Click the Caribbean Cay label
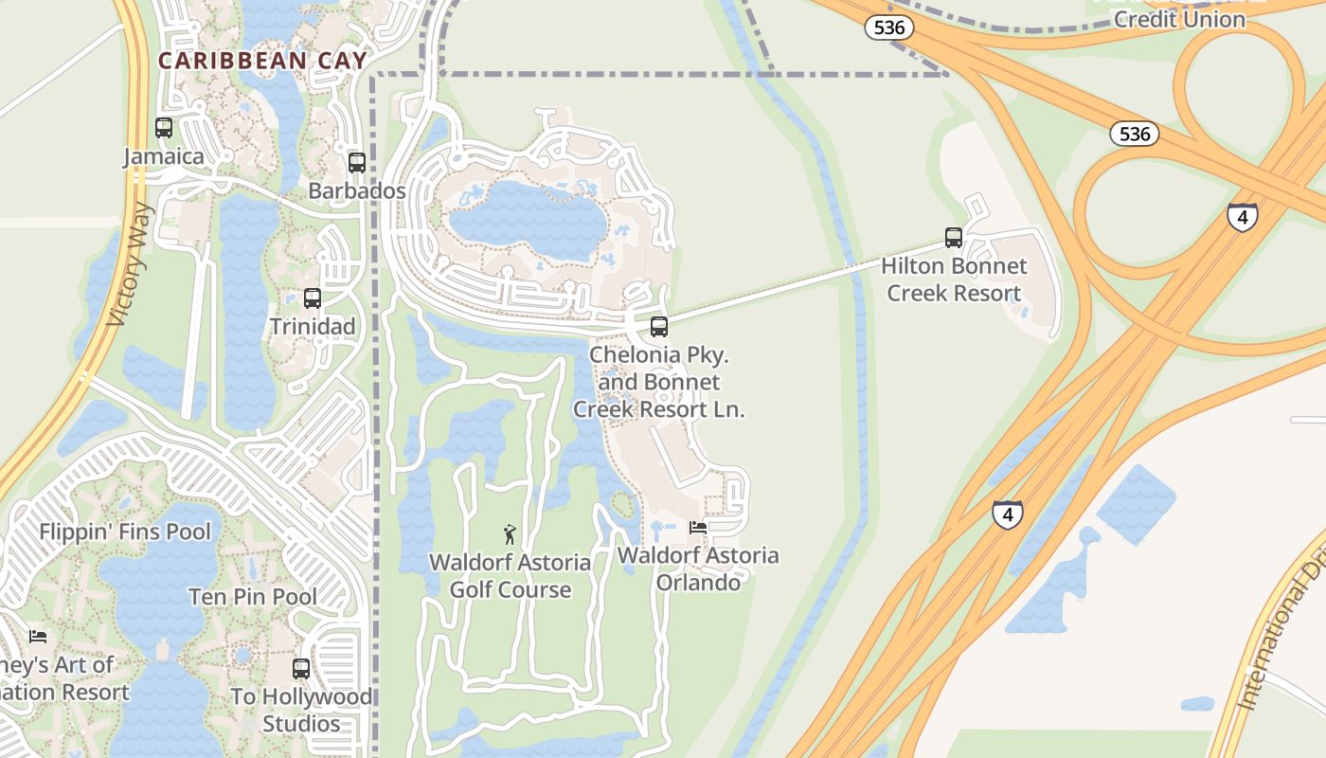(x=261, y=61)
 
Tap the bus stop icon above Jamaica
(x=164, y=128)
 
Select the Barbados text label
(x=357, y=190)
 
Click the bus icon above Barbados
(x=357, y=162)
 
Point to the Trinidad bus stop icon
(x=313, y=298)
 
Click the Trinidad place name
(x=313, y=327)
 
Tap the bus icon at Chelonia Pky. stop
(x=659, y=327)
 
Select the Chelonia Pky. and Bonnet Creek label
(x=658, y=382)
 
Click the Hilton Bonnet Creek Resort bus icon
(x=954, y=238)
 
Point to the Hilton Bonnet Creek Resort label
(x=954, y=280)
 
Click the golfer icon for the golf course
(x=510, y=534)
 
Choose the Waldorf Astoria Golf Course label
(x=510, y=576)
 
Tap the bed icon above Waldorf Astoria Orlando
(x=698, y=528)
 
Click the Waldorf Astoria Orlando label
(x=698, y=568)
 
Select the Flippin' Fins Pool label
(x=125, y=532)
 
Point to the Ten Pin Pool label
(x=253, y=597)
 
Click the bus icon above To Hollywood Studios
(x=301, y=669)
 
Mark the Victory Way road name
(x=129, y=264)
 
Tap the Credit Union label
(x=1179, y=19)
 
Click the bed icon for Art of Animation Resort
(x=38, y=636)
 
